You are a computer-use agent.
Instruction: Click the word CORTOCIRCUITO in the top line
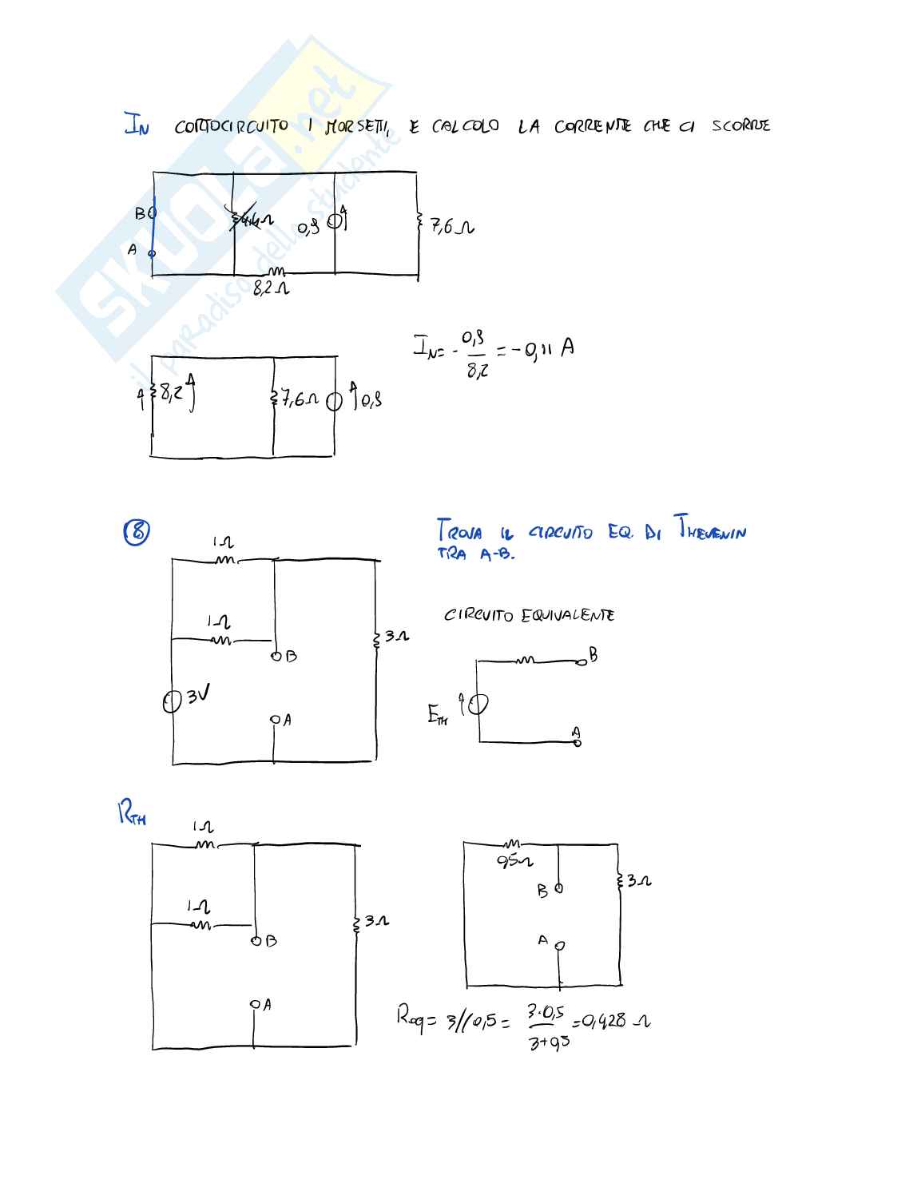click(232, 126)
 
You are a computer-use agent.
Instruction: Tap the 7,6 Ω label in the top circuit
click(451, 227)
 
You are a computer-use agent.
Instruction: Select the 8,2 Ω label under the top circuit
click(271, 288)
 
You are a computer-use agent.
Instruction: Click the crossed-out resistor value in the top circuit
click(251, 219)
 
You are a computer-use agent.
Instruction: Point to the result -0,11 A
click(544, 348)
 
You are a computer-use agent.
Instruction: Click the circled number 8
click(137, 531)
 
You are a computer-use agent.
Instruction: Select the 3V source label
click(198, 695)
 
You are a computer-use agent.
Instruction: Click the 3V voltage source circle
click(172, 701)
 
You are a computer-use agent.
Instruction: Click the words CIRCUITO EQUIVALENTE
click(529, 615)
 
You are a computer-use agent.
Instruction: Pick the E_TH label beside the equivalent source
click(437, 715)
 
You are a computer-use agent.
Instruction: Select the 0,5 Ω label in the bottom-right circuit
click(514, 861)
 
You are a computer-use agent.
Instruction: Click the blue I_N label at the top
click(136, 125)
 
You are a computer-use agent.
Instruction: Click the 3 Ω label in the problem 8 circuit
click(396, 637)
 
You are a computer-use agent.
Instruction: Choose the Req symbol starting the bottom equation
click(411, 1018)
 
